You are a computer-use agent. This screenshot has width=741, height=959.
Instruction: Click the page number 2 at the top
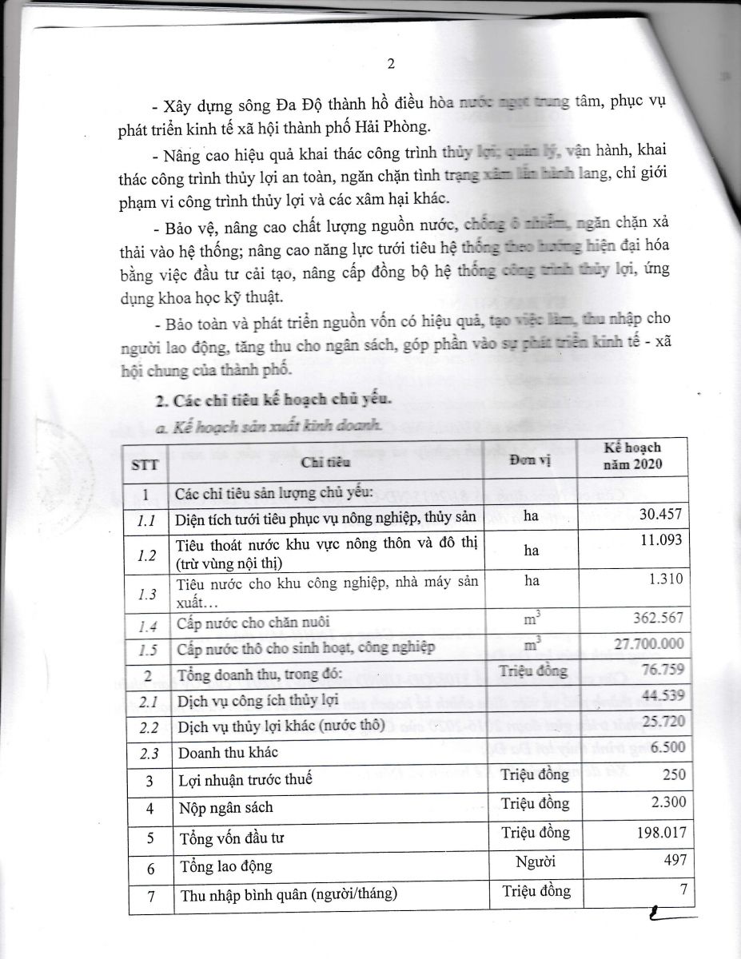point(391,63)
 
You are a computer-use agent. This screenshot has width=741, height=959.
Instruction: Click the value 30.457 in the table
point(659,516)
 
